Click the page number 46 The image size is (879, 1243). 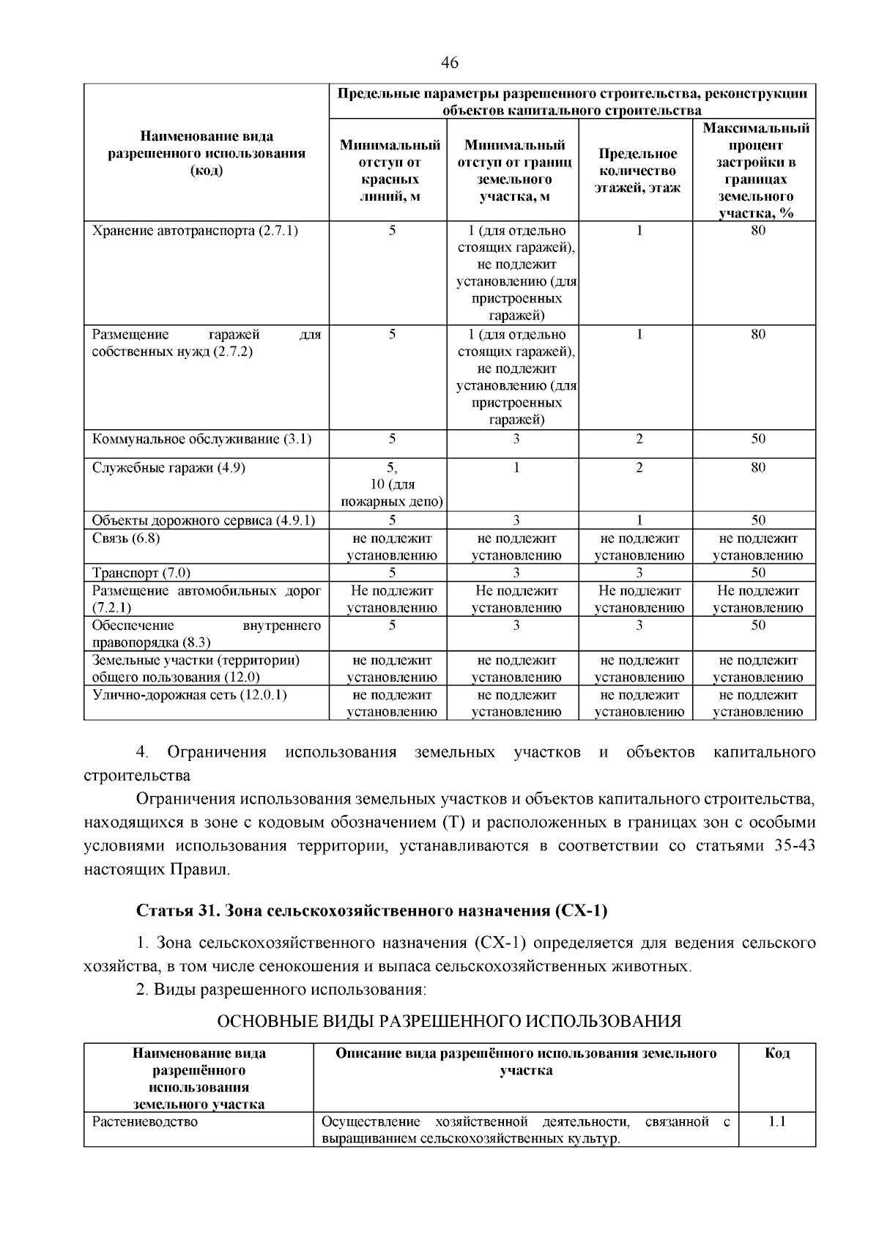450,64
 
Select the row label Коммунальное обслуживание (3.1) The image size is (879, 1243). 201,439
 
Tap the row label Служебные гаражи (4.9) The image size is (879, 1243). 168,467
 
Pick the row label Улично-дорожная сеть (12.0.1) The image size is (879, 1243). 189,695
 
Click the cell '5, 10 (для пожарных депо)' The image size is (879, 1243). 392,484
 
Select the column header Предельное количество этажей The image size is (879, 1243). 637,171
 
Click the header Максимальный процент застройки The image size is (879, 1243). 756,171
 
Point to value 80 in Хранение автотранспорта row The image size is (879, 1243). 758,231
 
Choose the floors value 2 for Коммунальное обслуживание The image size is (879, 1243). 639,439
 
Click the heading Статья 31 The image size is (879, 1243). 371,910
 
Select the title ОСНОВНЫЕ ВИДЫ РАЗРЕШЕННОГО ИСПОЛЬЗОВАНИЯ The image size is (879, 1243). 450,1021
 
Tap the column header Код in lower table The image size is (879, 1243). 776,1054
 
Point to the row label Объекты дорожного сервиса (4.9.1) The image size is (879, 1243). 204,521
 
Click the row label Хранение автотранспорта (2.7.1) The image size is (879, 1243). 195,231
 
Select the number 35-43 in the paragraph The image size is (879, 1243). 794,846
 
